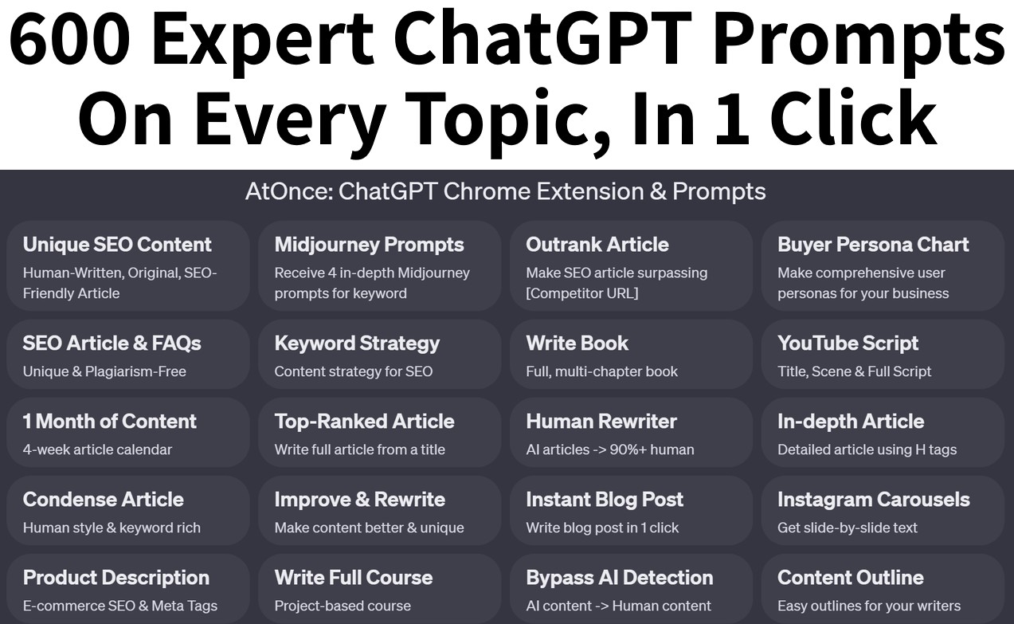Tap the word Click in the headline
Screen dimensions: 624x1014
[x=853, y=117]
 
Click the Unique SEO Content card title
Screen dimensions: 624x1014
[x=117, y=245]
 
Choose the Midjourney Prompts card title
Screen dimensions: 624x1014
[x=369, y=245]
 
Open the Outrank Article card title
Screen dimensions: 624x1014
[x=597, y=245]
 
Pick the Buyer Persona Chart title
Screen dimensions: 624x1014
[x=873, y=245]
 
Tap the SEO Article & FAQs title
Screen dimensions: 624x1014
[x=112, y=343]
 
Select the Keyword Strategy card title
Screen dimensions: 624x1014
[x=357, y=343]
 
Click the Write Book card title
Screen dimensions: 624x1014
[x=577, y=343]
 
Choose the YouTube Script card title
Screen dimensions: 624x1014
[x=848, y=343]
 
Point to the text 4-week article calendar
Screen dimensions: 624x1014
[x=97, y=449]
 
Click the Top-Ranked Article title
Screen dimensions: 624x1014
[x=364, y=422]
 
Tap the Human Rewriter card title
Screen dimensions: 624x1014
[x=601, y=422]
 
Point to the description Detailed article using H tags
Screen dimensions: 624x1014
[x=867, y=449]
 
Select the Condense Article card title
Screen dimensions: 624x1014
[x=103, y=500]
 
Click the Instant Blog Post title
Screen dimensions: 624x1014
[x=605, y=500]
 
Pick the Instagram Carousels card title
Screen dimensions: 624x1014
[x=873, y=500]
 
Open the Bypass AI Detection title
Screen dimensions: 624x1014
[x=619, y=578]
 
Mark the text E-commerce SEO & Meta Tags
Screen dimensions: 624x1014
[x=119, y=606]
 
